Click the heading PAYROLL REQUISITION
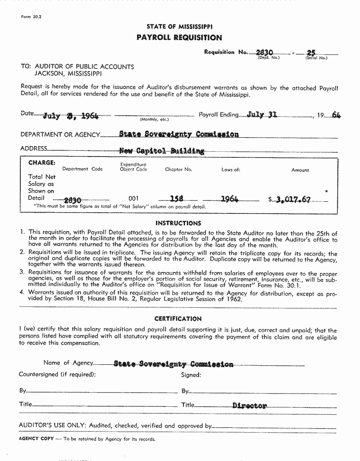click(179, 38)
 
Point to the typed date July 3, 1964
click(71, 116)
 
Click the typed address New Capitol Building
click(162, 151)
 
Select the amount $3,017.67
click(293, 199)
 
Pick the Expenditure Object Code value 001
click(134, 199)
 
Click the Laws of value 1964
click(230, 199)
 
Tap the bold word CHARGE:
click(42, 163)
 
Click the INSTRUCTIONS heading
click(178, 223)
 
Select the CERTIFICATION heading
click(178, 319)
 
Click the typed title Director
click(250, 405)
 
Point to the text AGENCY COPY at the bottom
click(36, 439)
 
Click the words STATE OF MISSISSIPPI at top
click(179, 27)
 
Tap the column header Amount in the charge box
click(300, 170)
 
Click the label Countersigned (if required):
click(57, 375)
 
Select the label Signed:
click(191, 375)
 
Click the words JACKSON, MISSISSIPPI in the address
click(67, 74)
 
